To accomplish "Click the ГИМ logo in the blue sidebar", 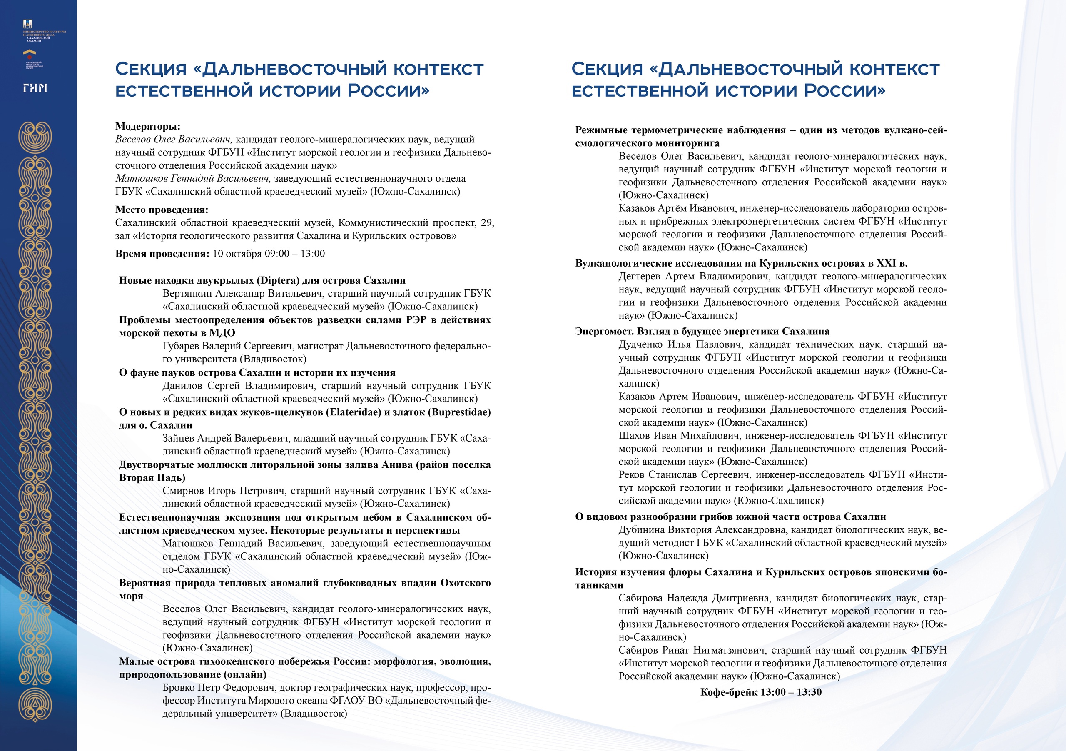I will (x=35, y=88).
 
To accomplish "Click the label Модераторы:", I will (x=148, y=126).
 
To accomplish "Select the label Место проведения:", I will (x=162, y=210).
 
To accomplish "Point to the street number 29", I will (x=487, y=223).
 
